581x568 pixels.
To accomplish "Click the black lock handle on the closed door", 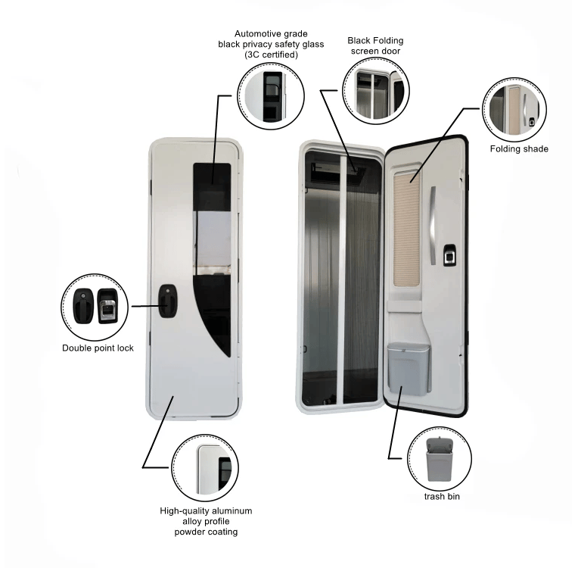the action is click(168, 301).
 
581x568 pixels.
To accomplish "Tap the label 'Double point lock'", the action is click(98, 348).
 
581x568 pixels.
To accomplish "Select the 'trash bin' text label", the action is click(442, 496).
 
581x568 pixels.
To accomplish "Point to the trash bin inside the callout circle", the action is click(440, 459).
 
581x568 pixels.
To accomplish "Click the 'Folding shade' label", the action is click(519, 148).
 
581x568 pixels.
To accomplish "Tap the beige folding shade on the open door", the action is click(406, 229).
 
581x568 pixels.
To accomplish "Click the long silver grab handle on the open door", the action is click(433, 225).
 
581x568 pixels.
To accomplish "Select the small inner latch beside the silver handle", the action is click(449, 254).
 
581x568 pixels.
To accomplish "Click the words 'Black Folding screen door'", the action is click(375, 45).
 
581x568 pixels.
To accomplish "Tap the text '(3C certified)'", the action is click(271, 55).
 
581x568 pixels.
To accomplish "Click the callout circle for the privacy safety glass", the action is click(271, 96).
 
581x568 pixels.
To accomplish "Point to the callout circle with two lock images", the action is click(95, 307).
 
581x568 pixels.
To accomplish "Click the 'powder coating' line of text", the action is click(206, 532).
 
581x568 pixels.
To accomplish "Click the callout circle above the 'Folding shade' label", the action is click(514, 110).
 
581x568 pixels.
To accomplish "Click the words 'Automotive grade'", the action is click(271, 34).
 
